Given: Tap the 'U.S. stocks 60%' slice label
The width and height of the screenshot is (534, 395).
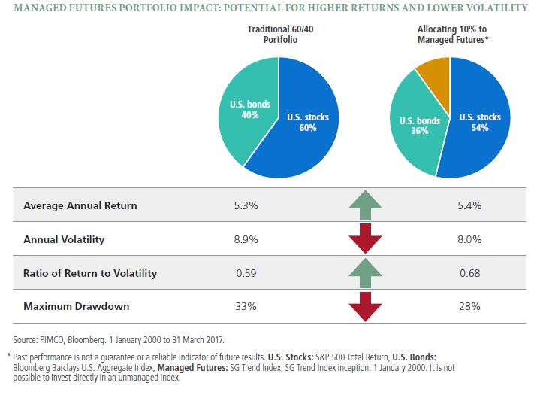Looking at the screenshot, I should [x=308, y=122].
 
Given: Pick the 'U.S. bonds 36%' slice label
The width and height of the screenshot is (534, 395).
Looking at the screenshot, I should [x=419, y=126].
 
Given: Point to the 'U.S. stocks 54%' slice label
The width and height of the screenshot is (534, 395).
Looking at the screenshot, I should [x=478, y=122].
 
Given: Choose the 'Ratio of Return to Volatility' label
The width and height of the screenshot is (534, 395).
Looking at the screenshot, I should [x=90, y=273].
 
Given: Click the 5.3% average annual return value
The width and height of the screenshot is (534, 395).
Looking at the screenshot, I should [x=247, y=205].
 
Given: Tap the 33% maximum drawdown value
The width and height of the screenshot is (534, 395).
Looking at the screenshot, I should [x=246, y=306].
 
